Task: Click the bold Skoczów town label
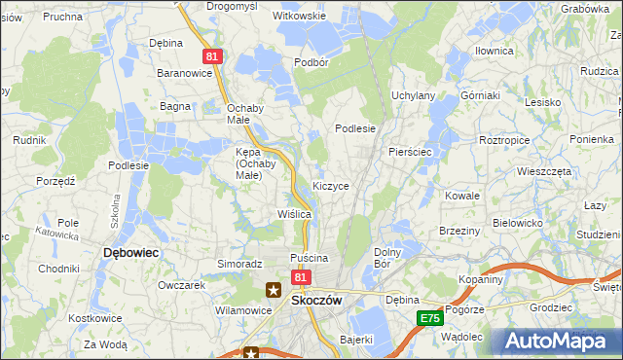(x=316, y=301)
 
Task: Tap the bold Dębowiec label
(x=131, y=252)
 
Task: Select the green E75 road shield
(x=429, y=318)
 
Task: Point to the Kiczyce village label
(x=331, y=185)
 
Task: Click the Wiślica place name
(x=294, y=213)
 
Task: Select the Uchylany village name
(x=413, y=95)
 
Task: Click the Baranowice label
(x=186, y=72)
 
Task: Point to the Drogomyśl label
(x=232, y=6)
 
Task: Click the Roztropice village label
(x=504, y=140)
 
